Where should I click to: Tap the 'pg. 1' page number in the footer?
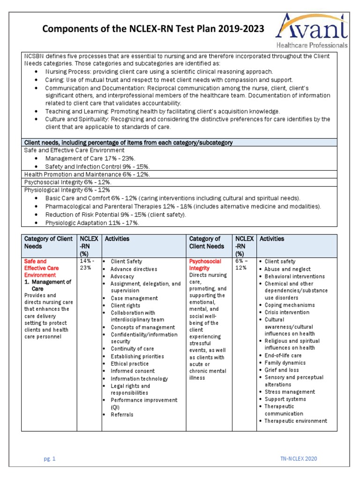50,459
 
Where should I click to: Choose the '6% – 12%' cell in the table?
242,264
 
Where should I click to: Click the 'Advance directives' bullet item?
134,269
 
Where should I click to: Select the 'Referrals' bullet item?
122,414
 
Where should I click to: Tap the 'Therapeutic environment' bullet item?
296,421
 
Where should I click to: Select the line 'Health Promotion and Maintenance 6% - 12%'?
87,174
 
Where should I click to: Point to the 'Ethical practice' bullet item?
129,363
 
